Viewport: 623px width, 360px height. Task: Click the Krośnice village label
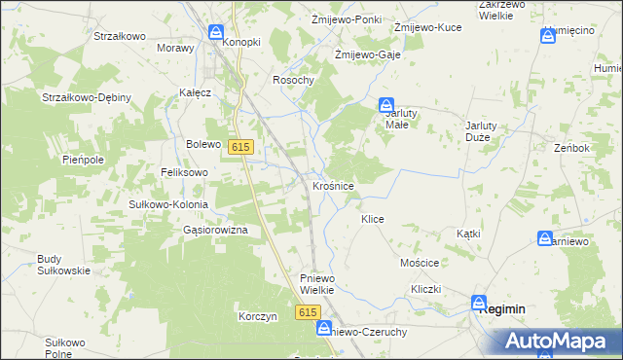pyautogui.click(x=333, y=184)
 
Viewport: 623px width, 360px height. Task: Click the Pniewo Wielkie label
pyautogui.click(x=317, y=283)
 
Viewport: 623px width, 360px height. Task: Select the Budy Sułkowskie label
pyautogui.click(x=63, y=265)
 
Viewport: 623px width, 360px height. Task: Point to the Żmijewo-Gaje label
pyautogui.click(x=362, y=54)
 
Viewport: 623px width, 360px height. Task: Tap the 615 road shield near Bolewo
pyautogui.click(x=241, y=146)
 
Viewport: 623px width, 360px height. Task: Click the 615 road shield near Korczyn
pyautogui.click(x=308, y=311)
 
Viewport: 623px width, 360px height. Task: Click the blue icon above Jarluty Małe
pyautogui.click(x=386, y=104)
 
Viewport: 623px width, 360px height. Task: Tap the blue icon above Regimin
pyautogui.click(x=480, y=303)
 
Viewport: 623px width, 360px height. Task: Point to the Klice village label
pyautogui.click(x=373, y=220)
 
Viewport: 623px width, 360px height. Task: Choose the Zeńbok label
pyautogui.click(x=571, y=148)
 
